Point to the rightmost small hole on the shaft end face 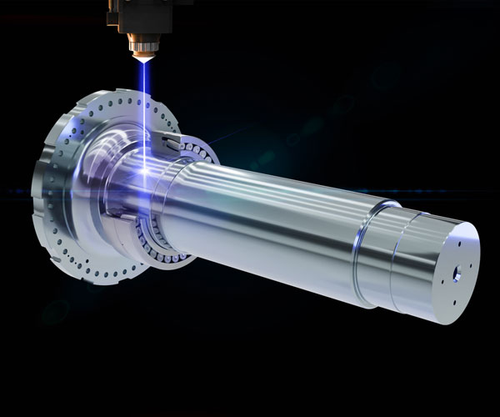471,264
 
